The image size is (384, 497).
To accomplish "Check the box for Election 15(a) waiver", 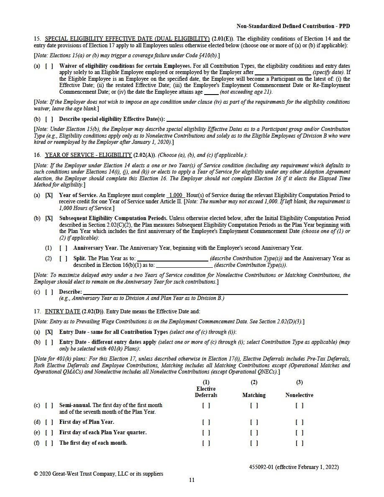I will (49, 66).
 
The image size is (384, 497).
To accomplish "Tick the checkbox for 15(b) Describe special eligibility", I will (49, 119).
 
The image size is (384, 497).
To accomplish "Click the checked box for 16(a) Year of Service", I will (49, 195).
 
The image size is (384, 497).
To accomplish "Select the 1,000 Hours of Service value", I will (175, 195).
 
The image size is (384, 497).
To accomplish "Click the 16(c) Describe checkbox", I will (49, 292).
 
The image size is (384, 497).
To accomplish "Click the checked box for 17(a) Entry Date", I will (49, 332).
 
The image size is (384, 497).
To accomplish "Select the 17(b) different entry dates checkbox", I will (49, 342).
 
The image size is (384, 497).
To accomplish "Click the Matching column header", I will (254, 395).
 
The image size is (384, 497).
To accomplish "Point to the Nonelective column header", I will (299, 395).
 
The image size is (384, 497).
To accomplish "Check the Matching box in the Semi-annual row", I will (254, 405).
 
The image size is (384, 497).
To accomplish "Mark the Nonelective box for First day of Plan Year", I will (299, 422).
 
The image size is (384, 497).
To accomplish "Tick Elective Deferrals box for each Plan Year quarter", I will (206, 433).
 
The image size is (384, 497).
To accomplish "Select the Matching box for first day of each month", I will (254, 443).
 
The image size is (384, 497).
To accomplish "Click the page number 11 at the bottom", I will (192, 480).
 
